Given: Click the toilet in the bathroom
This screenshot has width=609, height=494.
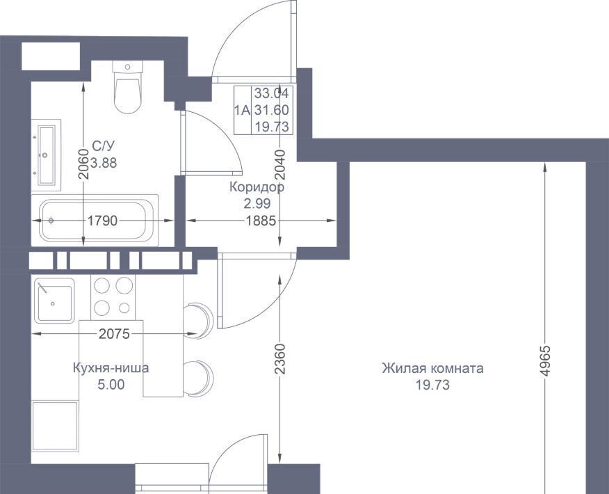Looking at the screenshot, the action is [127, 87].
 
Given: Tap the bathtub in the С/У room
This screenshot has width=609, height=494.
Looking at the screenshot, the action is [95, 221].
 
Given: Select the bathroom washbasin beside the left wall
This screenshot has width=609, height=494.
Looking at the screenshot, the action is [46, 155].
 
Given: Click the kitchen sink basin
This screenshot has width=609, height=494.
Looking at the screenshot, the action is [54, 301].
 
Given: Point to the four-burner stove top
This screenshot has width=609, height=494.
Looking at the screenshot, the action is [113, 297].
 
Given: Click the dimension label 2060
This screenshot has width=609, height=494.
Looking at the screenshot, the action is [83, 164].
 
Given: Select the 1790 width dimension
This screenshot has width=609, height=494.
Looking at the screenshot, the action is [102, 221].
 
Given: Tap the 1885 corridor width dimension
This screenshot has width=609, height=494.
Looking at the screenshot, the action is [261, 221].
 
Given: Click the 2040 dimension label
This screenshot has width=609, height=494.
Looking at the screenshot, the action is [280, 165].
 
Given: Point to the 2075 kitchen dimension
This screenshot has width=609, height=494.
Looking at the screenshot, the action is [114, 333].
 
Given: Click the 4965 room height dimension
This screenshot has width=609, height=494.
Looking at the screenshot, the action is [545, 360].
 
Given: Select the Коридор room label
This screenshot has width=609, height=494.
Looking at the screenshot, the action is [257, 187].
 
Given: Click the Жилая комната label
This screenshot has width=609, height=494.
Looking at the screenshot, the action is [432, 367].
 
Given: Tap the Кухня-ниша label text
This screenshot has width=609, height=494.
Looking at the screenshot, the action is [111, 367].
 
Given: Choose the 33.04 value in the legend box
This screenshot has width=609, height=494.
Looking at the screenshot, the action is [272, 93].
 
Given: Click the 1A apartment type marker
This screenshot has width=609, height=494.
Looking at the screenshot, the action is [242, 111].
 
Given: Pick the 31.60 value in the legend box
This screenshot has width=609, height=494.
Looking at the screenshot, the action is [272, 110].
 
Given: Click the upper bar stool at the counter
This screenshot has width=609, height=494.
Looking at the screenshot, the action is [198, 320].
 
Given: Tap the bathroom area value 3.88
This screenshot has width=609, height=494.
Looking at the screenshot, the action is [104, 163].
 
